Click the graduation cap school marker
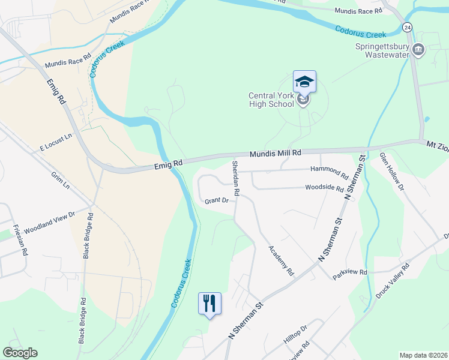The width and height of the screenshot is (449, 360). click(304, 82)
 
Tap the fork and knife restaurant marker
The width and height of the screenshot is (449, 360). click(209, 303)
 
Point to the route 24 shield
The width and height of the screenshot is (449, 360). click(408, 28)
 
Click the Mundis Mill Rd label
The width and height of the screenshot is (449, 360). click(276, 154)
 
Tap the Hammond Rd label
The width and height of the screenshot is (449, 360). click(328, 172)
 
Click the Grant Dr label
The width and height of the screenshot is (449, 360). click(216, 200)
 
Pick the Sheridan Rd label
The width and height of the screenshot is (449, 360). click(236, 178)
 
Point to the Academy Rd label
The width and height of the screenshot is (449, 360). click(281, 261)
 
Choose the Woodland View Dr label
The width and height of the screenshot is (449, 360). click(49, 222)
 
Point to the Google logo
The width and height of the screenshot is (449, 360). click(20, 353)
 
